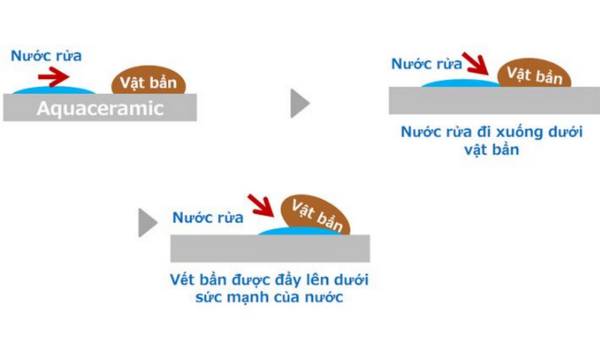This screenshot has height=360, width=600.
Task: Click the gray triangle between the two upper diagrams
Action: pyautogui.click(x=300, y=102)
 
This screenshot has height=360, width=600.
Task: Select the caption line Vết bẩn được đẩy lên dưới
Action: pyautogui.click(x=271, y=279)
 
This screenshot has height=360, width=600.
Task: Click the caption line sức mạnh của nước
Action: pyautogui.click(x=271, y=298)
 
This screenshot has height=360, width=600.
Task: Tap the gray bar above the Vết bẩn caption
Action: pyautogui.click(x=271, y=247)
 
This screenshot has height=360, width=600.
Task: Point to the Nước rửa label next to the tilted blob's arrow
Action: pyautogui.click(x=207, y=216)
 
